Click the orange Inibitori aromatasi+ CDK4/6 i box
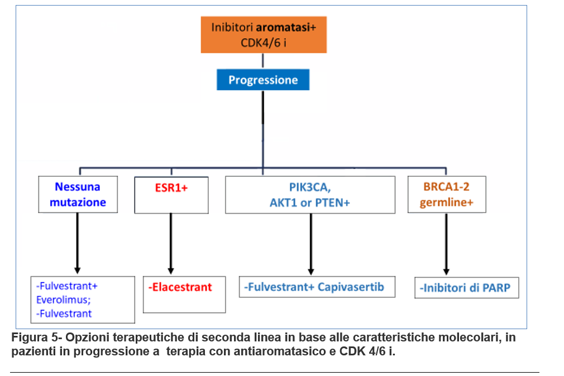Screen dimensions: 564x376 pos(264,35)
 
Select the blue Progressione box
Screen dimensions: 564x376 pos(263,80)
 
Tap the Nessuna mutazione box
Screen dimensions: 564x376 pos(78,195)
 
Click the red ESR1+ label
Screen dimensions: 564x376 pos(171,187)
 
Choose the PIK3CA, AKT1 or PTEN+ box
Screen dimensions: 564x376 pos(310,195)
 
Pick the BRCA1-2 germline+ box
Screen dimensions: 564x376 pos(447,195)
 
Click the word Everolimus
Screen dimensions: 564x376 pos(64,300)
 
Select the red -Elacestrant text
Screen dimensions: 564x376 pos(180,287)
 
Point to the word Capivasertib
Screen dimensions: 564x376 pos(351,287)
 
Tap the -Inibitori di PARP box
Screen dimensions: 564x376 pos(466,287)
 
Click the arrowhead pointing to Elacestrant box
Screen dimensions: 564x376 pos(171,271)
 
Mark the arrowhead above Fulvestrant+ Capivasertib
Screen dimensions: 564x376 pos(311,271)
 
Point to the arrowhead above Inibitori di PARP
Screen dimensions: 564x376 pos(446,271)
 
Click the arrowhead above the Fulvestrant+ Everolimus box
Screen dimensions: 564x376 pos(77,271)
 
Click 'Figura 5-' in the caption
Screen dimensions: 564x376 pos(37,337)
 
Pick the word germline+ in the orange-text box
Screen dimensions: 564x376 pos(446,203)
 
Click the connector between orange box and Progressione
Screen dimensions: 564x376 pos(263,61)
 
